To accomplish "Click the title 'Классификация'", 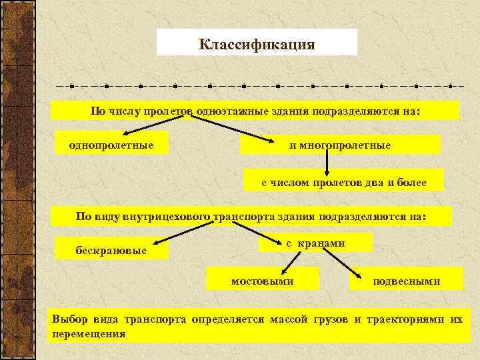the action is click(257, 45).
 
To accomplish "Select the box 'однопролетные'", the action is click(111, 144).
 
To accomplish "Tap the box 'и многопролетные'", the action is click(340, 145).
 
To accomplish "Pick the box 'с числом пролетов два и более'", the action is click(343, 181).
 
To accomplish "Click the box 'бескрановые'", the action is click(111, 249).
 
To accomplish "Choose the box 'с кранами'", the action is click(315, 243).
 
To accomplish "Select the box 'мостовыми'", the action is click(262, 281).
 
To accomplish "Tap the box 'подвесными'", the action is click(406, 281).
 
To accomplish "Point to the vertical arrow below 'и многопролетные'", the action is click(327, 162).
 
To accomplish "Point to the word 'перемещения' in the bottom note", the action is click(89, 333).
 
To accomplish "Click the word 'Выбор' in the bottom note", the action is click(69, 319).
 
